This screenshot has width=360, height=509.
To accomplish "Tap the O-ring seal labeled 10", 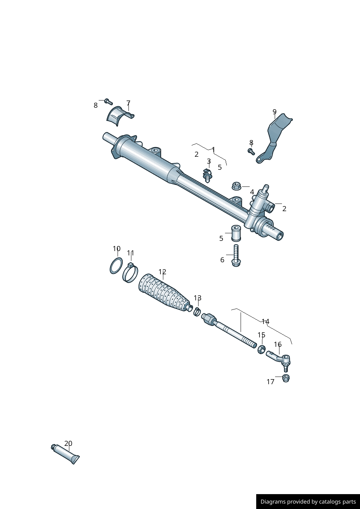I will pyautogui.click(x=116, y=266).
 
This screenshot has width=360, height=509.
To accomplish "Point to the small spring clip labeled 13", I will pyautogui.click(x=197, y=311).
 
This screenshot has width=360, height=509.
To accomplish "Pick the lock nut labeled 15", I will pyautogui.click(x=261, y=350).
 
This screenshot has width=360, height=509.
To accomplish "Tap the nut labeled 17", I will pyautogui.click(x=286, y=378).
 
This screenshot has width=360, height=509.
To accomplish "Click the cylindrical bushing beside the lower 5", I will pyautogui.click(x=236, y=233).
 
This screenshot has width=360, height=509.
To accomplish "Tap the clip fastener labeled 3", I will pyautogui.click(x=208, y=175).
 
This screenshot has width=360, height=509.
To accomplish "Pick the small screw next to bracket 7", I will pyautogui.click(x=108, y=102).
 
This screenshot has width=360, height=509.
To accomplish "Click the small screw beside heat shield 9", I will pyautogui.click(x=251, y=152).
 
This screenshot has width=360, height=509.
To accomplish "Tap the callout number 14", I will pyautogui.click(x=265, y=321).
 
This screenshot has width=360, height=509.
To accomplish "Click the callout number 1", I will pyautogui.click(x=213, y=149).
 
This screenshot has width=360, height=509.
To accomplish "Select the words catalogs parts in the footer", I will pyautogui.click(x=337, y=502).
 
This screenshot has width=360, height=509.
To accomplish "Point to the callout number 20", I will pyautogui.click(x=68, y=443).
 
